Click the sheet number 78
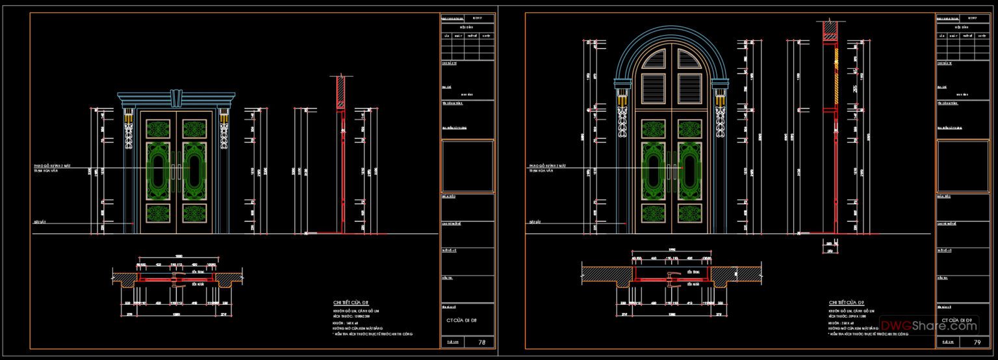[481, 342]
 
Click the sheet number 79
[977, 342]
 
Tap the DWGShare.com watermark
[928, 326]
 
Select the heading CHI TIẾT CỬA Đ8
[352, 302]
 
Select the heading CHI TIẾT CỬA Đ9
[847, 303]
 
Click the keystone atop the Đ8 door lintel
[175, 97]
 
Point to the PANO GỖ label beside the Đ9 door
[548, 166]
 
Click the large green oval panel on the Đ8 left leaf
[157, 170]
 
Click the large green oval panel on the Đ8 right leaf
[194, 170]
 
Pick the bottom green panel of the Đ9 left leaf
[653, 213]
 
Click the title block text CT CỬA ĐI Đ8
[461, 320]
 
